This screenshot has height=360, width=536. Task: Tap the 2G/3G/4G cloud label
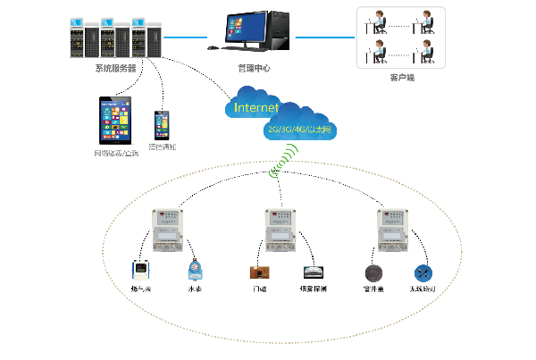click(299, 130)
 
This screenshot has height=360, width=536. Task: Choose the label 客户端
click(401, 79)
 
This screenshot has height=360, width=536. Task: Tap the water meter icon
click(194, 269)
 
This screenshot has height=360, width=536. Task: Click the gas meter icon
click(140, 270)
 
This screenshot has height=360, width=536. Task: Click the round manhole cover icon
click(372, 272)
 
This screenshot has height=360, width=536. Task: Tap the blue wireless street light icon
click(423, 272)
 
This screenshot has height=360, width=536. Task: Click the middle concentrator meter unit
click(281, 230)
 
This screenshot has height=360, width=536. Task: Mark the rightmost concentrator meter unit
click(393, 231)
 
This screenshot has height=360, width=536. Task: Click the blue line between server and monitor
click(186, 38)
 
